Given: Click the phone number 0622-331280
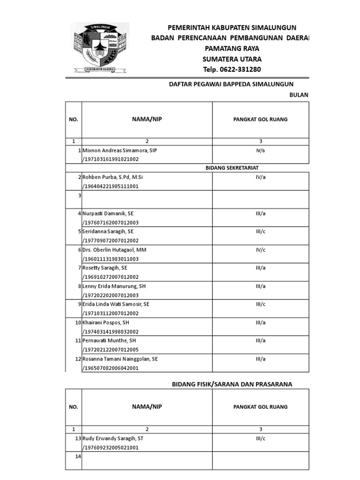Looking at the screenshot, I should point(232,69).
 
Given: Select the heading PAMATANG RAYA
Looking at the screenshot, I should point(232,48).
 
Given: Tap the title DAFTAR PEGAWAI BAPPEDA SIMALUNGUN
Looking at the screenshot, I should point(231,84).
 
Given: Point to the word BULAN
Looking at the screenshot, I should point(299,95).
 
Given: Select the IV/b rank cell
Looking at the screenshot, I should point(260,150).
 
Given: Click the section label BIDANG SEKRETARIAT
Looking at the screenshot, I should point(232,168).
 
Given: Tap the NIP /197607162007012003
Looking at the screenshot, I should point(111,222).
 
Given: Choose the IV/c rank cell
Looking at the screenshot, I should point(260,250).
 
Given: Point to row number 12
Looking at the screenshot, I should point(78,359).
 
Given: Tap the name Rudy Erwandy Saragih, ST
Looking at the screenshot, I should point(112,438).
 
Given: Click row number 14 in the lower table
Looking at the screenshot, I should point(78,456).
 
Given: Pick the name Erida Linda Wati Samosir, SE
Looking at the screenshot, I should point(116,304).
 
